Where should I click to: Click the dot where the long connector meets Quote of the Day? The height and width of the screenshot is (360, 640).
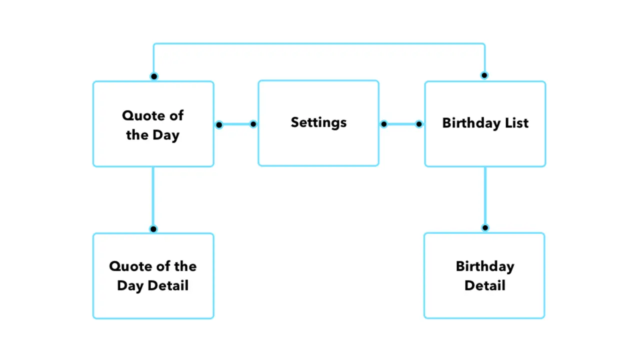(x=154, y=76)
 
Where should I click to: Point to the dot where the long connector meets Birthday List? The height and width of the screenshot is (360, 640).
(x=484, y=75)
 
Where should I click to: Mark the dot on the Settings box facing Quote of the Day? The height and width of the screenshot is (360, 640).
(x=253, y=124)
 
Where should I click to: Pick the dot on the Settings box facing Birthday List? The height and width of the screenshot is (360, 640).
(x=383, y=124)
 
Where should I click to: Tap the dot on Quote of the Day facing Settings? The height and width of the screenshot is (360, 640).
(x=219, y=124)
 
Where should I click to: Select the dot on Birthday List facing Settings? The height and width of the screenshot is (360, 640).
(x=419, y=124)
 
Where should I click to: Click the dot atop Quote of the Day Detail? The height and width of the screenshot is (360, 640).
(x=153, y=229)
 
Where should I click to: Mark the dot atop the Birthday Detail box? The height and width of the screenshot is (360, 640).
(x=484, y=227)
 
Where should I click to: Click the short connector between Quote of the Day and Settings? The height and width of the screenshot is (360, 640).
(x=236, y=124)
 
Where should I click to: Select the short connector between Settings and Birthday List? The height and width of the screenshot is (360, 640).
(x=401, y=124)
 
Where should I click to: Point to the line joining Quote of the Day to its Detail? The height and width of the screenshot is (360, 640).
(x=153, y=197)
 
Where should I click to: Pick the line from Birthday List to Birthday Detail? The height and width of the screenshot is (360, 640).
(x=484, y=196)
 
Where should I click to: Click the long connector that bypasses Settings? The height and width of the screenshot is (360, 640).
(x=319, y=44)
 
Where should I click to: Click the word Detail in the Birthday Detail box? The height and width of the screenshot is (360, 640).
(x=484, y=285)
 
